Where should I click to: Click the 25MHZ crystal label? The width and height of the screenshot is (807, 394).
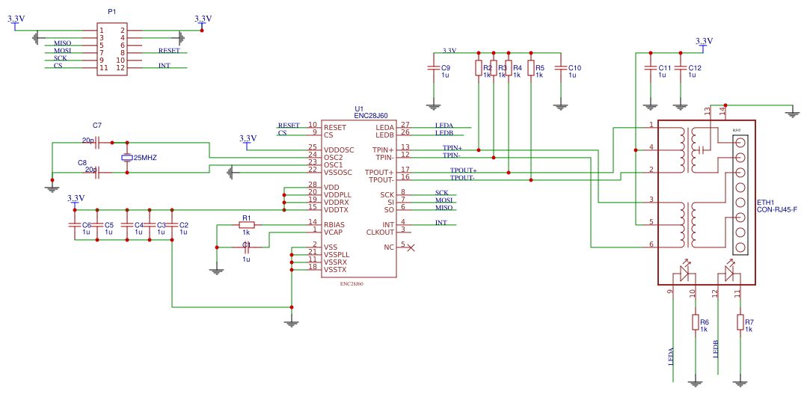(x=145, y=158)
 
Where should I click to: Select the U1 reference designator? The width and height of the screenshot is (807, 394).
(x=359, y=108)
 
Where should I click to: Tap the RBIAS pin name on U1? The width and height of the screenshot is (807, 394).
(x=334, y=224)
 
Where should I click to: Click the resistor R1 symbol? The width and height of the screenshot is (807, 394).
(x=246, y=224)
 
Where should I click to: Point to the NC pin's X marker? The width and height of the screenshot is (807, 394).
(x=411, y=247)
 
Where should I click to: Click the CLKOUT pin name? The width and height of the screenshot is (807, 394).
(x=380, y=232)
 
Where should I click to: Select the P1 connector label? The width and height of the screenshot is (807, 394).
(x=112, y=13)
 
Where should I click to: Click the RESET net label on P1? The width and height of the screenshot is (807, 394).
(x=169, y=51)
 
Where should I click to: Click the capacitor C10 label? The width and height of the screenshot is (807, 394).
(x=574, y=68)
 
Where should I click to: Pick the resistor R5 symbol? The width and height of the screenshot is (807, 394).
(x=530, y=68)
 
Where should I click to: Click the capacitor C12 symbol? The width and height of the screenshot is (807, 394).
(x=680, y=68)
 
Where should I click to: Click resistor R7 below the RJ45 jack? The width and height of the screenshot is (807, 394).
(x=740, y=322)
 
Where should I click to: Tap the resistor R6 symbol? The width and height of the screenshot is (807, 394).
(x=695, y=322)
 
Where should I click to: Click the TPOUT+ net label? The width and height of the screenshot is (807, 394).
(x=463, y=170)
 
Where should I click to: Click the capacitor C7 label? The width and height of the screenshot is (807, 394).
(x=96, y=125)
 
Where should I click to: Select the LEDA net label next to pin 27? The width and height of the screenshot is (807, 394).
(x=444, y=125)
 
